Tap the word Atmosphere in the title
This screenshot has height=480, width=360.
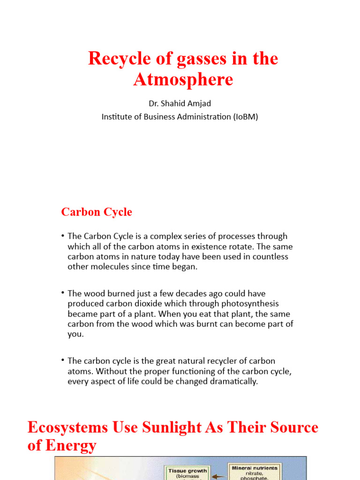[183, 80]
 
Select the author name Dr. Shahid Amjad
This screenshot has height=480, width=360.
[180, 104]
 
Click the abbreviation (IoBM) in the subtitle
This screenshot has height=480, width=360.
[245, 117]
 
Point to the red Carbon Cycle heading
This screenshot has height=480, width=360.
[97, 212]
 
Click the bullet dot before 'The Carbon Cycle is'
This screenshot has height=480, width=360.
[63, 235]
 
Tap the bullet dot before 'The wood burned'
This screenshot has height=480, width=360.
[63, 292]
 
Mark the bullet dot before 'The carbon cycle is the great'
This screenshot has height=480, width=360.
[63, 360]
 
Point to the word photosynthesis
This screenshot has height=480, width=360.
[253, 304]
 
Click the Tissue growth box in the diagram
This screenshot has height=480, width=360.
[187, 472]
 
